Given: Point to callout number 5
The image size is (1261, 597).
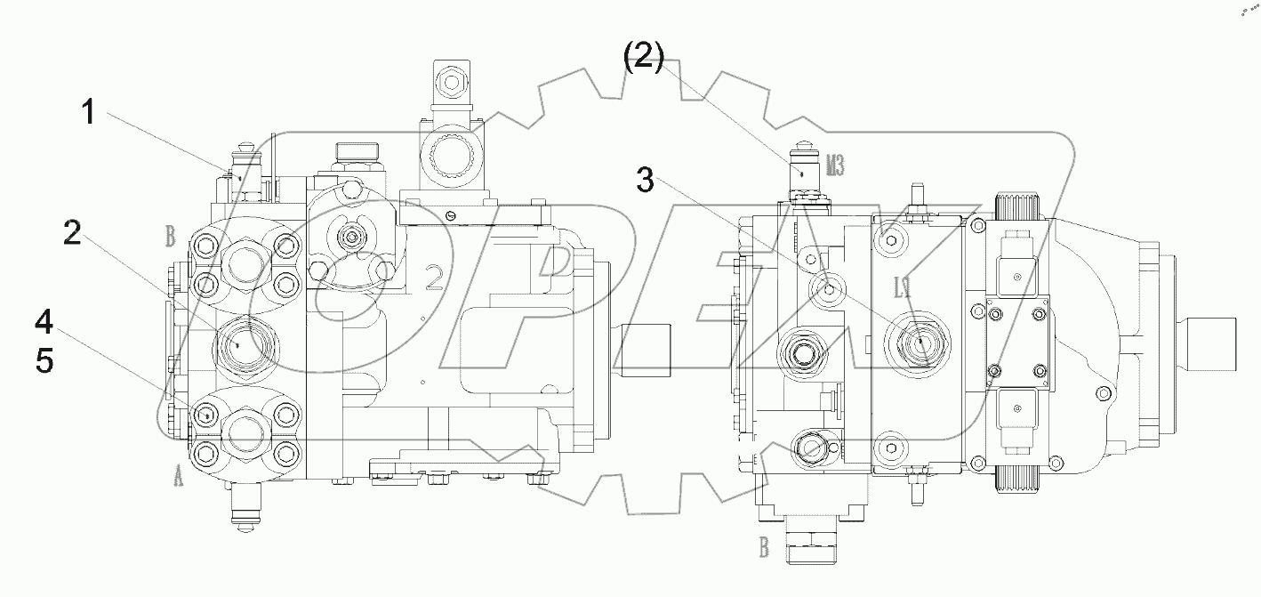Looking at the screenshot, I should tap(44, 360).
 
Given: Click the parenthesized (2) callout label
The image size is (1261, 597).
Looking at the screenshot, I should tap(643, 58).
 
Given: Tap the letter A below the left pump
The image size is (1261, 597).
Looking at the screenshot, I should tap(178, 480).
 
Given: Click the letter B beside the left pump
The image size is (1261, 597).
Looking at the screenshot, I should tap(171, 237).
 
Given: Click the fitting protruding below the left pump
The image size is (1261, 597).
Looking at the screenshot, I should tap(244, 512).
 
